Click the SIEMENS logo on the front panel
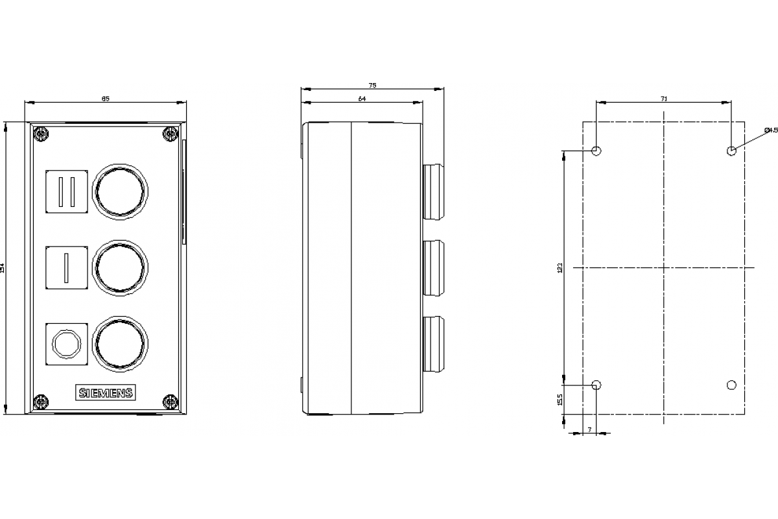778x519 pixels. pos(106,392)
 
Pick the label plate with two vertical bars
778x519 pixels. pos(66,191)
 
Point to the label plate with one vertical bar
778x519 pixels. pos(66,267)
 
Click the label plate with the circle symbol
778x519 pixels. pos(66,343)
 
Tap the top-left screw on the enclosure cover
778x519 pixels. pos(41,134)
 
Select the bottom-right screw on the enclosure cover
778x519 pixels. pos(171,402)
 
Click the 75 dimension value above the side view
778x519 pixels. pos(372,85)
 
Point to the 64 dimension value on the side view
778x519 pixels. pos(362,99)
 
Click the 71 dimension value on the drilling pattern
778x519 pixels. pos(663,99)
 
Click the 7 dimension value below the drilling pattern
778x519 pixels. pos(589,429)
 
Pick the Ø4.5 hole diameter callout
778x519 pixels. pos(770,130)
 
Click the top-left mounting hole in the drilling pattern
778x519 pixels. pos(597,151)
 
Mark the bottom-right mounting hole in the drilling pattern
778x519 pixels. pos(731,385)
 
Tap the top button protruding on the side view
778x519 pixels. pos(432,192)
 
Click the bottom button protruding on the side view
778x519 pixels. pos(432,343)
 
